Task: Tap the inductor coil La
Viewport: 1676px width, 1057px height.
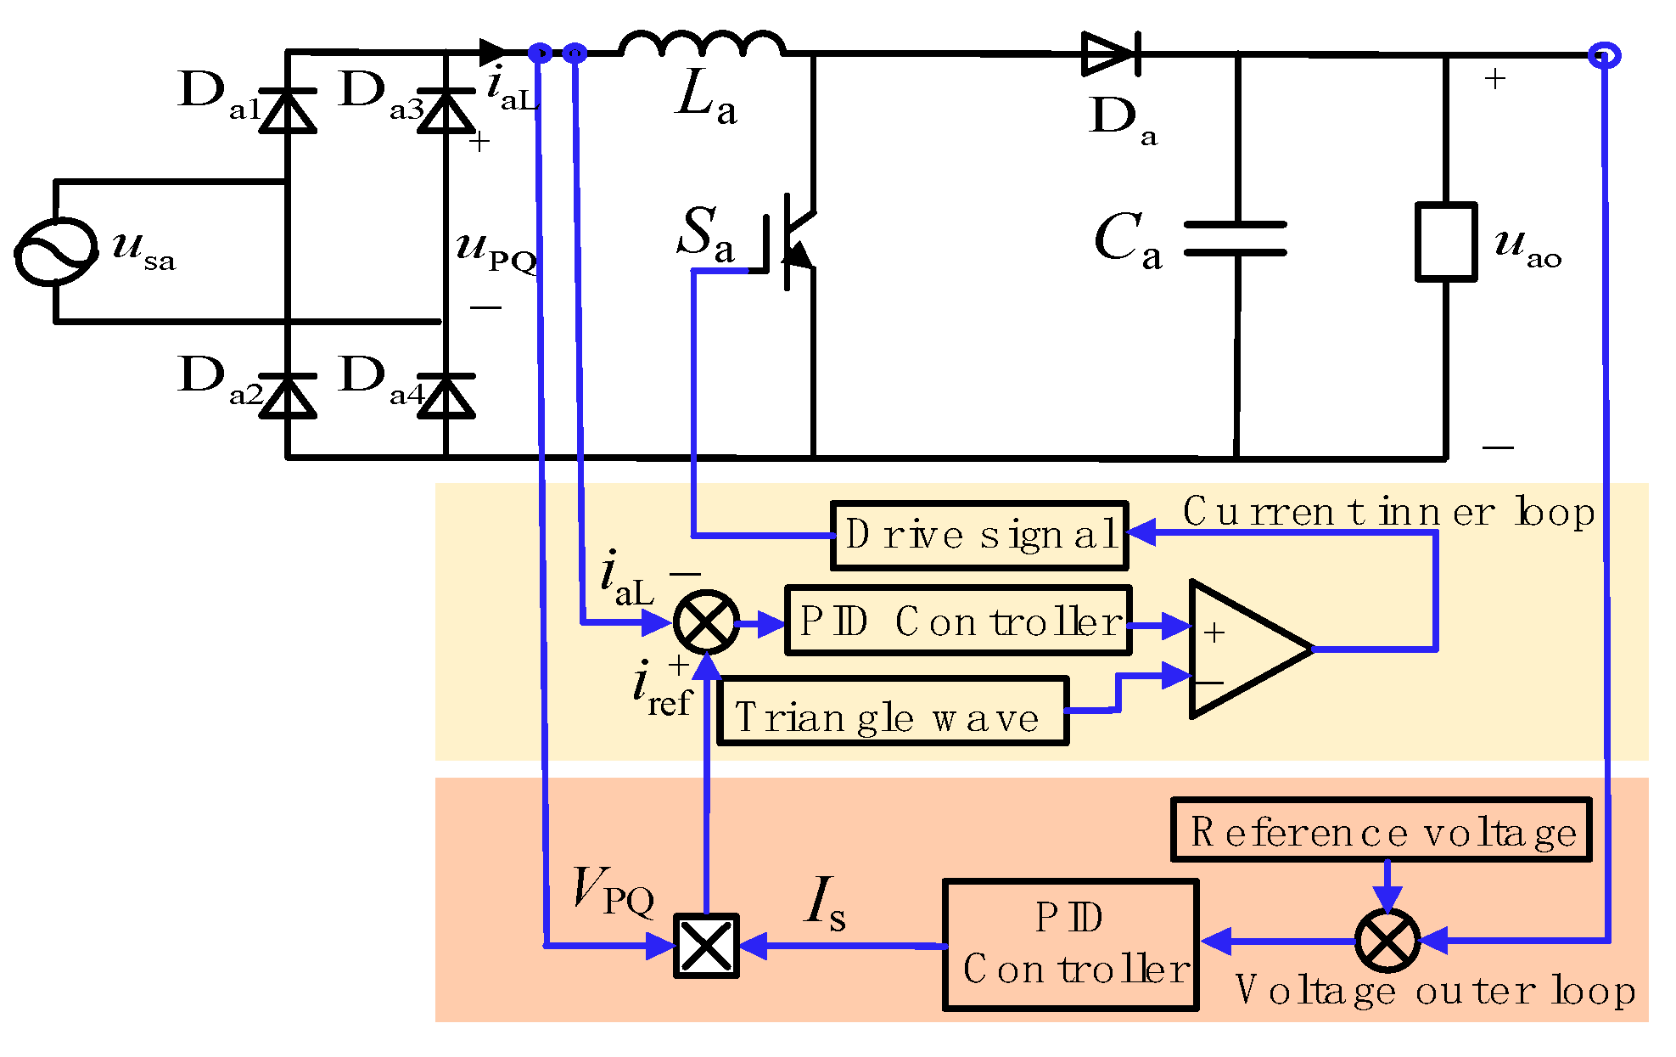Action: (x=702, y=44)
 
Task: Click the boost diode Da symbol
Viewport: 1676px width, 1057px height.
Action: (x=1110, y=54)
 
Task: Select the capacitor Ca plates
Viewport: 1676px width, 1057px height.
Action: (x=1236, y=239)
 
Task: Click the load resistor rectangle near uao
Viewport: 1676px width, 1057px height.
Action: (x=1446, y=242)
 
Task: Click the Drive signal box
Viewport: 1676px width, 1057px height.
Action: (x=978, y=536)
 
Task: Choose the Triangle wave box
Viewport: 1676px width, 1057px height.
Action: (x=892, y=711)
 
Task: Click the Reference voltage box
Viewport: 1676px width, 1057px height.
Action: (x=1381, y=830)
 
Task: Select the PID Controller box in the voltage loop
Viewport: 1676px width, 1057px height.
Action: (x=1071, y=944)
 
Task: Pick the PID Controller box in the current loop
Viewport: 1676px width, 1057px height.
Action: (x=958, y=621)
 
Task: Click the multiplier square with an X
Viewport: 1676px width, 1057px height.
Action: (x=706, y=945)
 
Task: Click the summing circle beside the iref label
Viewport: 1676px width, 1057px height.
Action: (x=706, y=622)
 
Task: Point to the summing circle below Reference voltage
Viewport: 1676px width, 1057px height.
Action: (x=1387, y=941)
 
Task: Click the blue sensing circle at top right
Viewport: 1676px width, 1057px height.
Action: (x=1603, y=56)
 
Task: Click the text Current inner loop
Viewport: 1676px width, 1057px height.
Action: (x=1388, y=512)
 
